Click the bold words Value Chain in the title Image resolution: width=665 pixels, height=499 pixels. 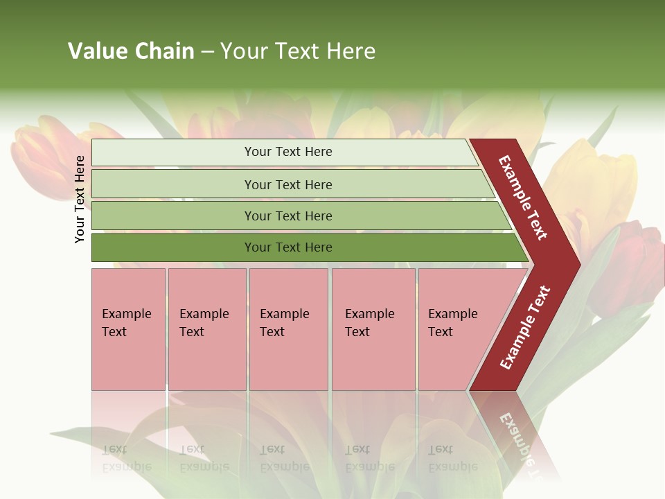[x=131, y=51]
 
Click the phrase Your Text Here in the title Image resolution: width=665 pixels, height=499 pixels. [x=298, y=51]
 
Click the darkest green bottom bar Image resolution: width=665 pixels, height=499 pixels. [x=173, y=247]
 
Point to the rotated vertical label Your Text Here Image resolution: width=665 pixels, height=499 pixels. [x=80, y=199]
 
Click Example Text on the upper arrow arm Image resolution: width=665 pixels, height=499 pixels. [x=523, y=198]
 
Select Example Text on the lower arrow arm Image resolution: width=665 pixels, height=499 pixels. [x=525, y=327]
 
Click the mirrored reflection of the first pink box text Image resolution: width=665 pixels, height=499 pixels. [x=126, y=458]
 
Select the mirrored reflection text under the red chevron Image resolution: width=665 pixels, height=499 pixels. [x=516, y=437]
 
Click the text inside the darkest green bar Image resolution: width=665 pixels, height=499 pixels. [x=288, y=247]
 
